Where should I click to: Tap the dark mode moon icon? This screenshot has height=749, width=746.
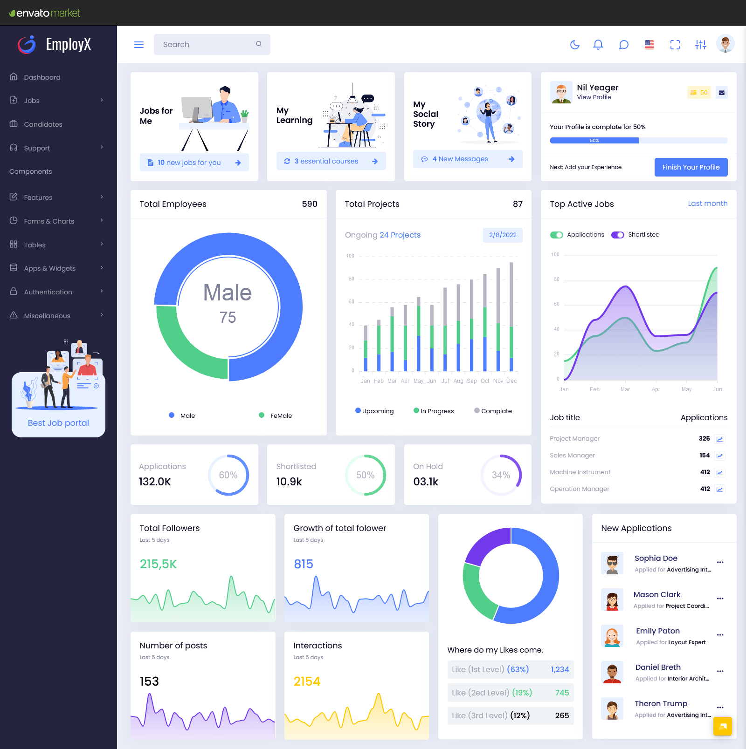575,45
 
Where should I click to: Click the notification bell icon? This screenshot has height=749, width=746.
598,45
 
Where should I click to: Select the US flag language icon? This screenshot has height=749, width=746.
649,45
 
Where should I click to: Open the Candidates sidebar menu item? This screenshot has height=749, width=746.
43,124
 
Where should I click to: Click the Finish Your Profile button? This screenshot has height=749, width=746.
691,167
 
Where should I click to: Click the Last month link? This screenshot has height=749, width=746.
707,204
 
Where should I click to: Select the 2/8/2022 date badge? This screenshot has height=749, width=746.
503,235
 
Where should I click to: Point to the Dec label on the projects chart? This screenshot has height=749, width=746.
511,381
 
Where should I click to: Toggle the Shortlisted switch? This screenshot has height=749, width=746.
618,235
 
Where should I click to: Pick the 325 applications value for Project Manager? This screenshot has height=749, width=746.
704,439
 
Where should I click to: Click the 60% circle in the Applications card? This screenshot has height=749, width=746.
228,475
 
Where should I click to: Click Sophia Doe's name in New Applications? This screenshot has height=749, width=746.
656,558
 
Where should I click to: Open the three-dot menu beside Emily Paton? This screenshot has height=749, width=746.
720,635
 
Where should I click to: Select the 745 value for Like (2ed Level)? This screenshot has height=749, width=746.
562,693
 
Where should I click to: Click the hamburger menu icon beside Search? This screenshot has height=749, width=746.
139,45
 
